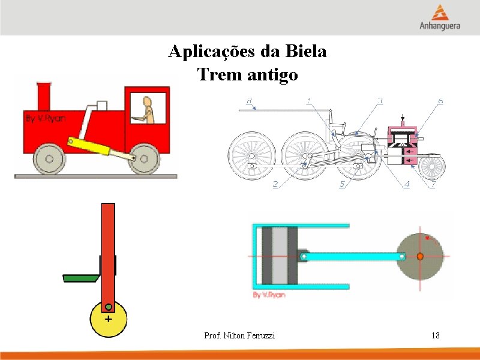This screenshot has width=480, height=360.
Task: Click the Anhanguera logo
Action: pos(440,18)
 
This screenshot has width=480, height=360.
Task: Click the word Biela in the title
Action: pos(305,52)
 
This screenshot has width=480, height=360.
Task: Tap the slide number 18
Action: pos(435,335)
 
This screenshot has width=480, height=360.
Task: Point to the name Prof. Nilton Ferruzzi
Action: pos(239,335)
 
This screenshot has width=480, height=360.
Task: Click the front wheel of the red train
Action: pos(49,159)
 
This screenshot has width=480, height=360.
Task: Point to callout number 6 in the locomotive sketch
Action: pos(440,101)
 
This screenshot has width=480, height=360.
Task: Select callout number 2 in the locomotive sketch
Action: pos(275,184)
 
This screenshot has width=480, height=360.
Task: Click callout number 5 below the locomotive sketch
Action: pos(342,184)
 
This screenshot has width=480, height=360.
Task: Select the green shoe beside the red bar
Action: pos(81,277)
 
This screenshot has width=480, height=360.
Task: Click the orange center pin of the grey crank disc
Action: pos(420,256)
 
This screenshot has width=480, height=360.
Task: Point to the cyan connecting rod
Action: pos(354,256)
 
